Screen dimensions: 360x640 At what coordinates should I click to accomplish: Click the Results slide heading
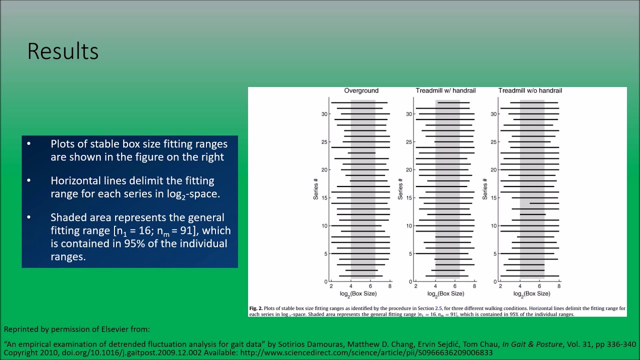62,51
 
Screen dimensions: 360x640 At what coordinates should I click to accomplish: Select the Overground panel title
361,90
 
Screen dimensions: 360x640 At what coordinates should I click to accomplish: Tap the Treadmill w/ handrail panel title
445,90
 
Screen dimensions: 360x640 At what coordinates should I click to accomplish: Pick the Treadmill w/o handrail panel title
530,90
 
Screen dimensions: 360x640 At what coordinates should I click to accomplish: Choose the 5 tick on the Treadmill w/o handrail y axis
493,254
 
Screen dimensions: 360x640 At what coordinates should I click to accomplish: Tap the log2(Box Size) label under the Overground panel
360,294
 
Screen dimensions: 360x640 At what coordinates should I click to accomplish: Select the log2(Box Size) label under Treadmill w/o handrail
530,294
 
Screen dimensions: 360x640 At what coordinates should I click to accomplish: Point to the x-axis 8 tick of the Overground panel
390,286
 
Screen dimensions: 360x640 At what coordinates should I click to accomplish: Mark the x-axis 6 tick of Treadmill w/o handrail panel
539,286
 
